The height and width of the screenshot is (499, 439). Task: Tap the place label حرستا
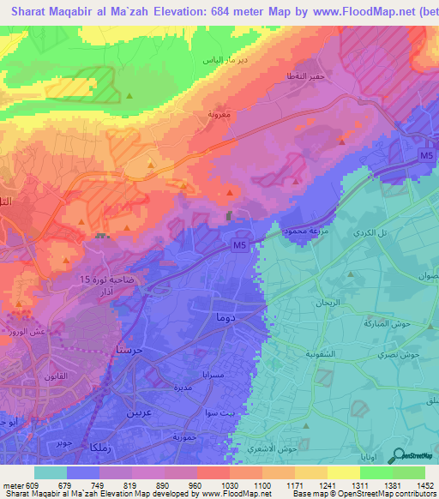(128, 350)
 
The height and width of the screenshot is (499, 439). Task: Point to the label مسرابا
(213, 376)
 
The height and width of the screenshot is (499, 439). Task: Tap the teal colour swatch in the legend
(51, 472)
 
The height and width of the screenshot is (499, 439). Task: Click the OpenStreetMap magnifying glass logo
(396, 455)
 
